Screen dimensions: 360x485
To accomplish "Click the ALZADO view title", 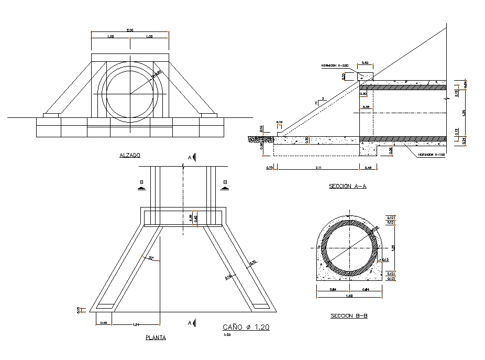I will pos(130,155).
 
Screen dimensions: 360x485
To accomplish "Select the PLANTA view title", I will pos(156,338).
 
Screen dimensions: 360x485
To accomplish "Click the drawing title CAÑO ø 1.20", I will pos(246,327).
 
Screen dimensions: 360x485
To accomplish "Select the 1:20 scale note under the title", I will pos(226,335).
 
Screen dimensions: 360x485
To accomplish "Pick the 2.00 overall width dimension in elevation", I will pos(130,30).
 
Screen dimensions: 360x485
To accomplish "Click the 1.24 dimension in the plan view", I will pos(136,325).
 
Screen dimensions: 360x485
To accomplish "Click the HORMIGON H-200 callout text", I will pos(335,66).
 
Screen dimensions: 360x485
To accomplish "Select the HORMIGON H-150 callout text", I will pos(432,155).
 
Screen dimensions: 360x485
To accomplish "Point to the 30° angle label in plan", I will pos(151,258).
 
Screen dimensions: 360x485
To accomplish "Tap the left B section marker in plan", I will pos(141,183).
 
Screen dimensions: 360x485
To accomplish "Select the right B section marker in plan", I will pos(225,183).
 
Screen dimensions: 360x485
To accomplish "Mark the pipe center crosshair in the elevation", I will pos(130,94).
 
